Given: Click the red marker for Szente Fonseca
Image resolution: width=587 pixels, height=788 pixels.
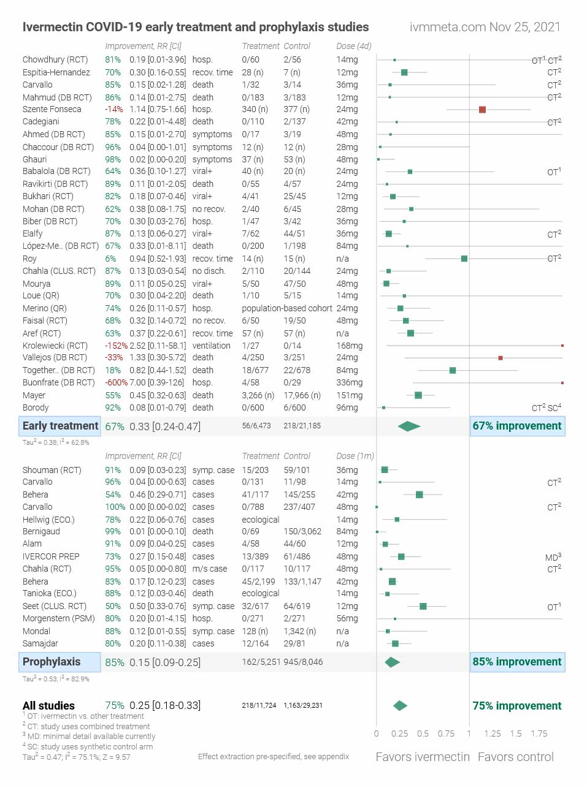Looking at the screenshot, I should [482, 110].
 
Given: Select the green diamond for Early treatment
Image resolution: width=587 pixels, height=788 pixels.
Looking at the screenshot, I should [409, 426].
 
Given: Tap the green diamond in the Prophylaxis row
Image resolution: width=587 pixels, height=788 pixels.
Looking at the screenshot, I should [392, 662].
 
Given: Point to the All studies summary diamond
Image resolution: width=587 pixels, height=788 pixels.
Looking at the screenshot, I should [400, 706].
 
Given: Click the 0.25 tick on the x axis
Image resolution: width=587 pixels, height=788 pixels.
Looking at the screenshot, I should [400, 733].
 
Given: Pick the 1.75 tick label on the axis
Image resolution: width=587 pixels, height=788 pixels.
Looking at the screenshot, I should [539, 733].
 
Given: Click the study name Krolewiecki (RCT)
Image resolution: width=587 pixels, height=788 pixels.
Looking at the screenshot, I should [55, 346].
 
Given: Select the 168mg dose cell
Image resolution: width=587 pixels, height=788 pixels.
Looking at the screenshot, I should [350, 346].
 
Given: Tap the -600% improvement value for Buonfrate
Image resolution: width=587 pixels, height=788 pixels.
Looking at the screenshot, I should [116, 382].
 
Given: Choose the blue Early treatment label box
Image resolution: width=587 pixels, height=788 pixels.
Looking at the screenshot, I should [60, 426].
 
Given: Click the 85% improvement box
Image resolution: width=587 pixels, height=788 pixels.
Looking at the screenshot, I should [517, 662].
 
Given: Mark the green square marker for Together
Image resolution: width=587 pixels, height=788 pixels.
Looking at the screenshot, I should [453, 370].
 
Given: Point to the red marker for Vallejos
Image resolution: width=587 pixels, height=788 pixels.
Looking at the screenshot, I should [501, 358].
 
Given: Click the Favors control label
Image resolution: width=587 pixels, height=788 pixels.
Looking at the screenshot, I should [515, 757].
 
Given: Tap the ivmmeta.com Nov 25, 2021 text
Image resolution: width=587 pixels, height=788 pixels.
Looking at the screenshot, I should [485, 27].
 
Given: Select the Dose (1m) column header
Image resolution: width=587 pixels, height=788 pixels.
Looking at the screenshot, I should [355, 456].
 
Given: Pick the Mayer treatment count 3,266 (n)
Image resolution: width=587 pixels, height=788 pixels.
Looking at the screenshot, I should [258, 395].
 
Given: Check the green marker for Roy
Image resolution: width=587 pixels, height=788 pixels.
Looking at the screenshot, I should [464, 259].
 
